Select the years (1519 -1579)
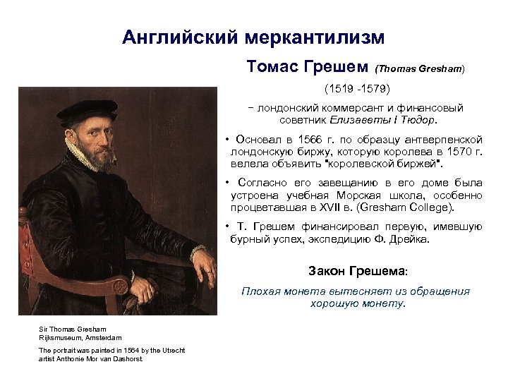356,90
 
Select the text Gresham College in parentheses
416,207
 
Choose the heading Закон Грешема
357,271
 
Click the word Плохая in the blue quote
260,291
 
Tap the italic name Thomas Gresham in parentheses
421,69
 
